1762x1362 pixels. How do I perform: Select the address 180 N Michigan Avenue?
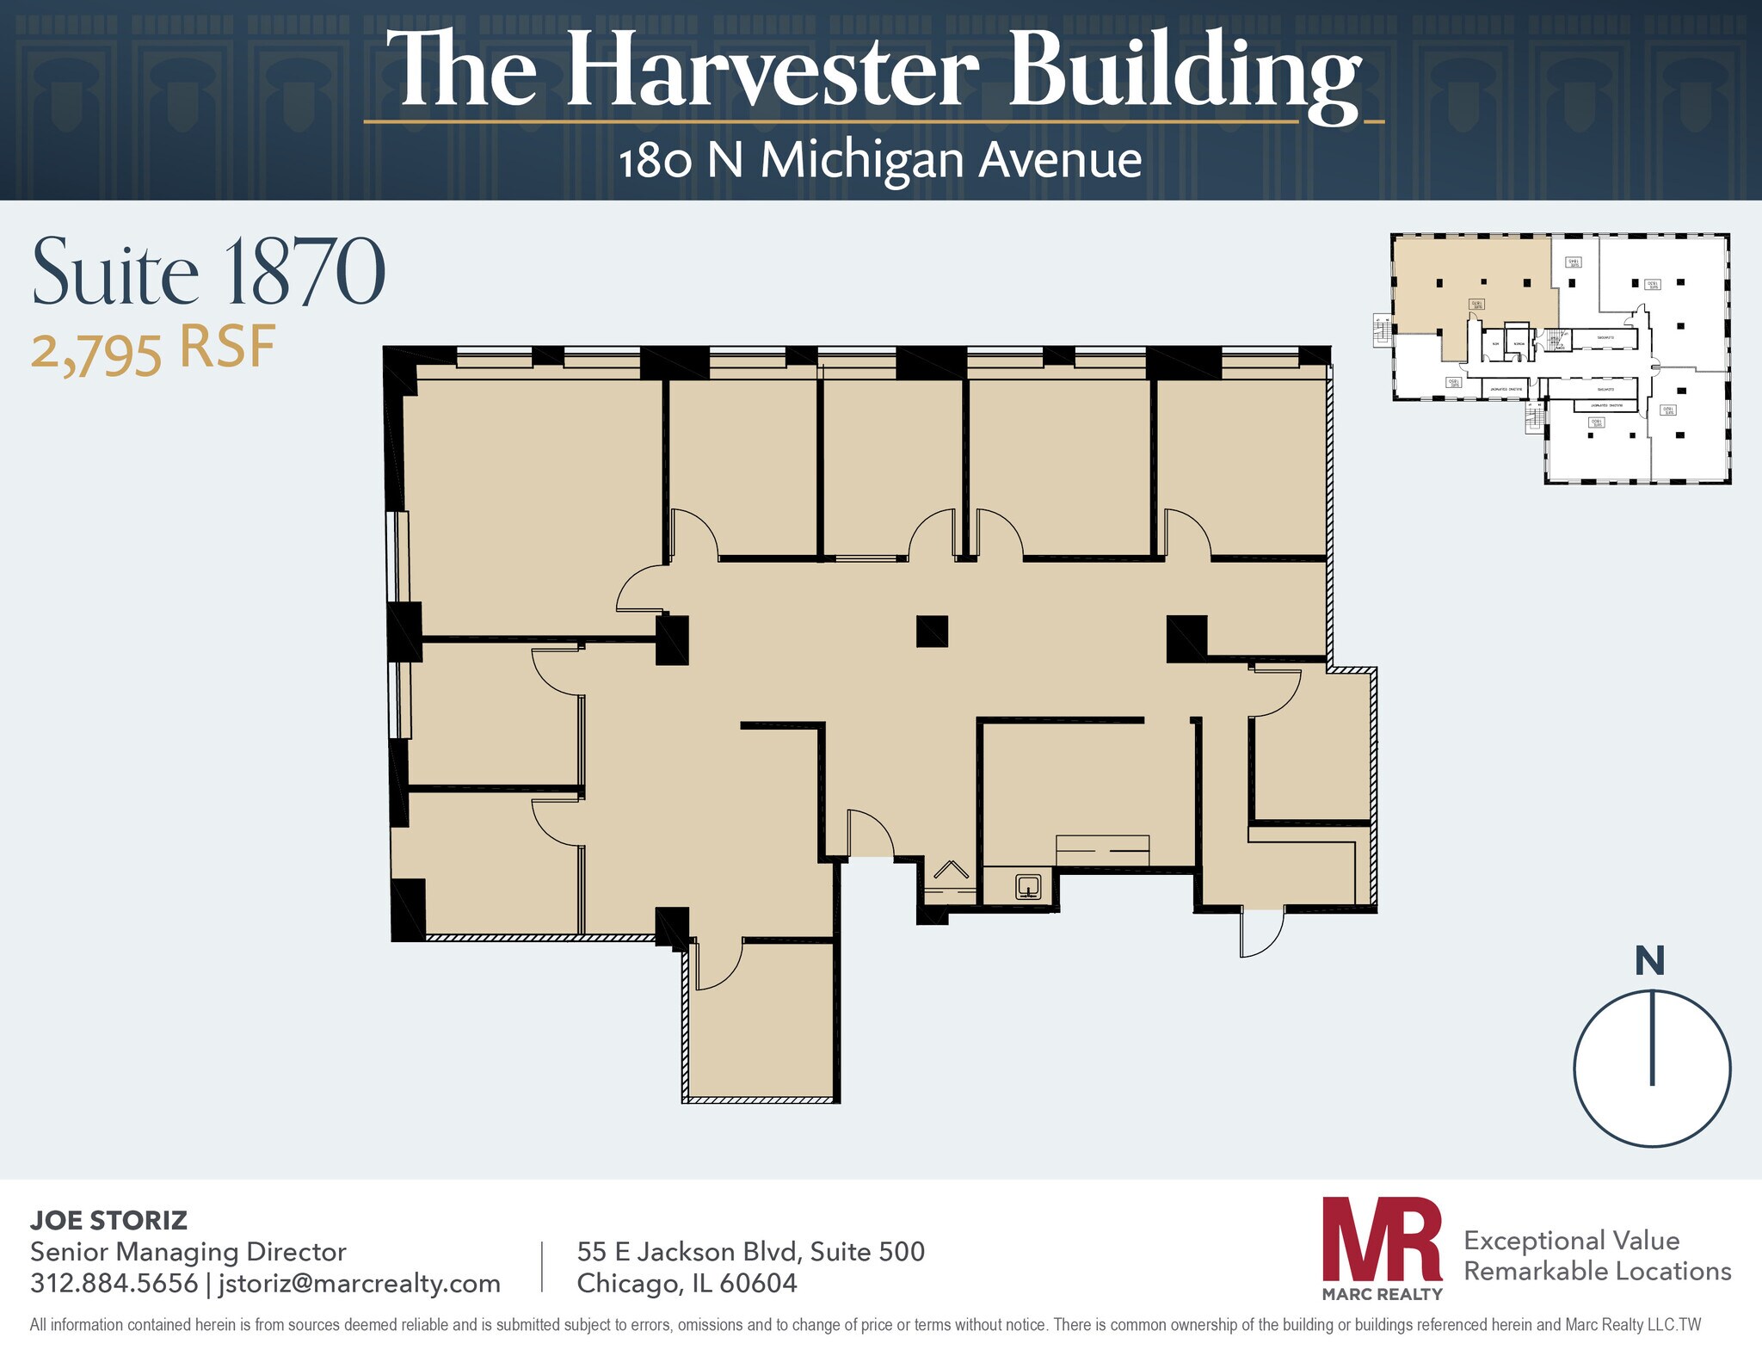click(880, 161)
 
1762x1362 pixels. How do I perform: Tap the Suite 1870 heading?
click(208, 273)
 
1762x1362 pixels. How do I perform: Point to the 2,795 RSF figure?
click(153, 349)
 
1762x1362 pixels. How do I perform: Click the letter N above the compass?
click(1649, 961)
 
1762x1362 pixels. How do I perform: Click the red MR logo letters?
click(1382, 1239)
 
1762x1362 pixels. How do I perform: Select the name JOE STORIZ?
click(108, 1220)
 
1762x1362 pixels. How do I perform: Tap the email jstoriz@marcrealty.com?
click(360, 1283)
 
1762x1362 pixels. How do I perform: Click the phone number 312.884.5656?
click(114, 1283)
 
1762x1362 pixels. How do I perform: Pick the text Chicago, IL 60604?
click(687, 1283)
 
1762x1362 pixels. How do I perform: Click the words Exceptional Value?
click(1571, 1240)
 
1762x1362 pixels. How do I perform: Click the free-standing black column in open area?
click(932, 631)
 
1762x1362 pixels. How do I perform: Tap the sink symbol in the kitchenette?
click(1029, 885)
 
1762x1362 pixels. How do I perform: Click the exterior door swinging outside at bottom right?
click(1261, 934)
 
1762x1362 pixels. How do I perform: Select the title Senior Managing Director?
click(188, 1252)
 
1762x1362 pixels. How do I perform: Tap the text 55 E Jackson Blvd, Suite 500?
click(750, 1251)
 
